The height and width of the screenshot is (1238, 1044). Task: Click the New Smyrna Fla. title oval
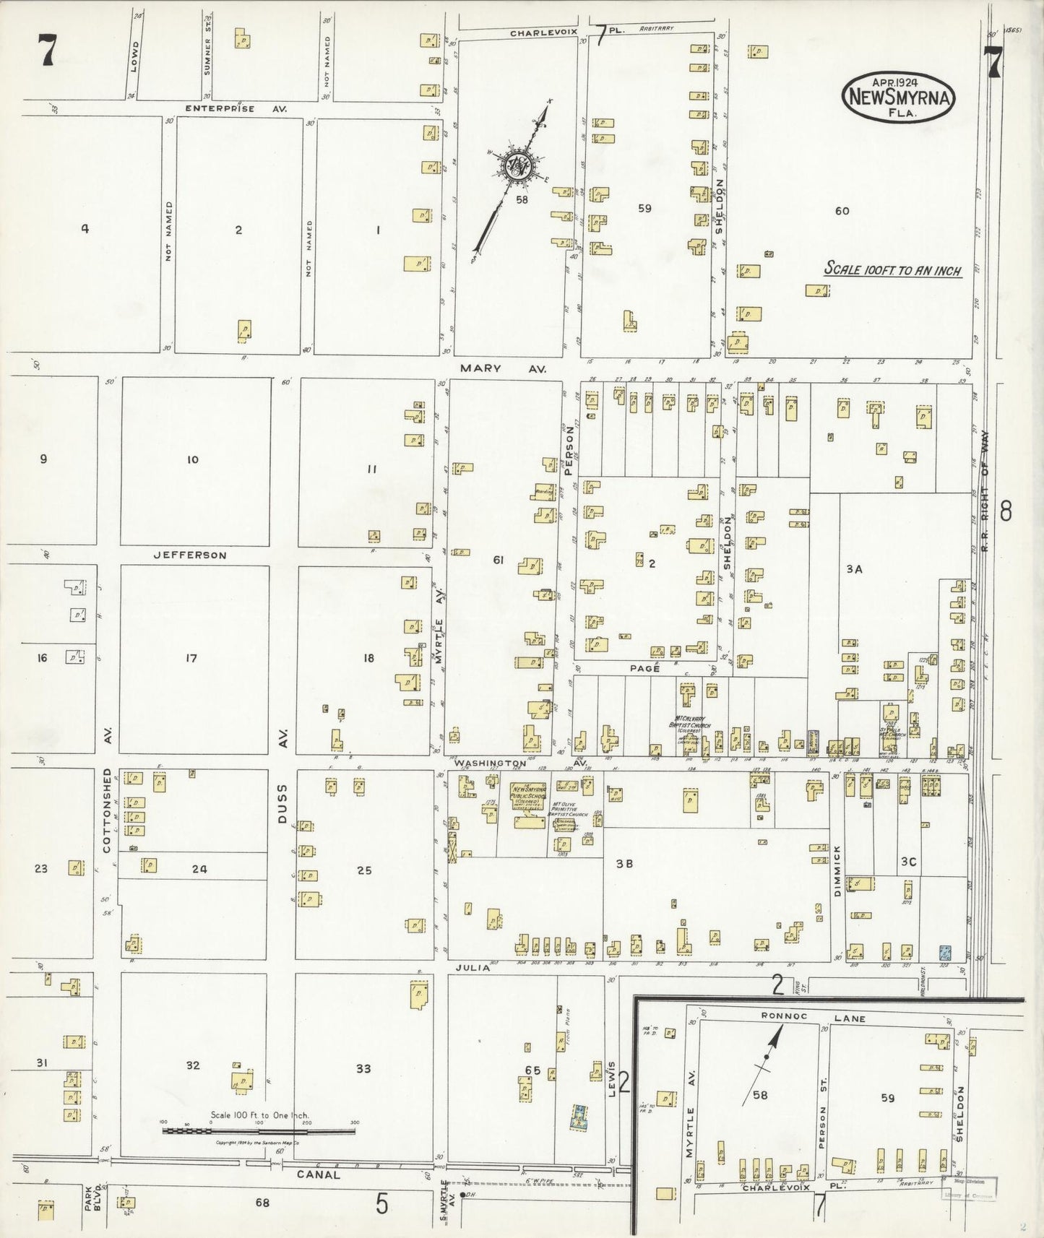coord(898,96)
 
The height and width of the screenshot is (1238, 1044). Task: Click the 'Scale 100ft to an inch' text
coord(893,270)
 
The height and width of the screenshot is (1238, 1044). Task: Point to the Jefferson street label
coord(190,555)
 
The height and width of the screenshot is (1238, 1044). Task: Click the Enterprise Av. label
coord(236,108)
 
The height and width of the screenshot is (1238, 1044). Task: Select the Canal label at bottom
coord(318,1174)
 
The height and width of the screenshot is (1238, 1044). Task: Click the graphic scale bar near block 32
coord(258,1131)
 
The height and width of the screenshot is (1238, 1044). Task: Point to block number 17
coord(191,658)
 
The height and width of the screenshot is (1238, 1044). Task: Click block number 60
coord(842,211)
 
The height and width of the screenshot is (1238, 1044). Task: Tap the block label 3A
coord(854,569)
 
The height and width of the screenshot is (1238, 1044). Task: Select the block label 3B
coord(624,863)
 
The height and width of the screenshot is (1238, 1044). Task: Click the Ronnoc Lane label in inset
coord(803,1018)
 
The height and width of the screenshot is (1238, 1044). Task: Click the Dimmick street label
coord(837,870)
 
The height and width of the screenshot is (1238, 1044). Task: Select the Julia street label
coord(473,968)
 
